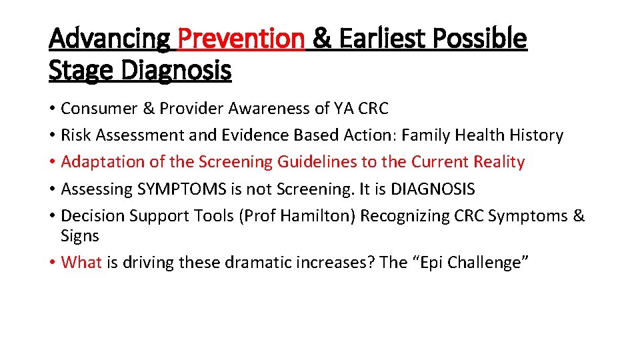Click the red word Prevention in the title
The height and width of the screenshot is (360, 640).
click(241, 39)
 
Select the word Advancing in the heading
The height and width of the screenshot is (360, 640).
click(109, 39)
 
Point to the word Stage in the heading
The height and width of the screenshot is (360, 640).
click(79, 69)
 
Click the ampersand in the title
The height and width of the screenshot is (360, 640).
click(321, 39)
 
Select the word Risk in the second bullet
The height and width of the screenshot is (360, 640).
click(76, 135)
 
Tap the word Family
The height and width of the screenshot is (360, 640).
click(427, 135)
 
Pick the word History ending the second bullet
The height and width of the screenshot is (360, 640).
click(536, 135)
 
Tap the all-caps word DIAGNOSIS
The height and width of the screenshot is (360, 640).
click(433, 189)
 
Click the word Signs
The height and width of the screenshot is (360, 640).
click(79, 236)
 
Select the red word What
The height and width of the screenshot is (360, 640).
click(81, 263)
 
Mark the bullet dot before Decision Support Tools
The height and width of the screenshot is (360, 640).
click(52, 217)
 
